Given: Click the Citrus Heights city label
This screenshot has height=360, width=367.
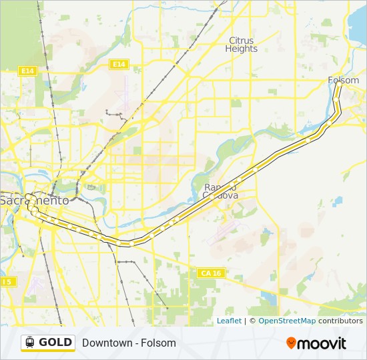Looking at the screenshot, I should pyautogui.click(x=241, y=44).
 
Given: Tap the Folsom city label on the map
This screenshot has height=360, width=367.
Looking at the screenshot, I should pyautogui.click(x=343, y=80).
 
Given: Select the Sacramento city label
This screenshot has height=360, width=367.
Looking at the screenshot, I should pyautogui.click(x=34, y=200).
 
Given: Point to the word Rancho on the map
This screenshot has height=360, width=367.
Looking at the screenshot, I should pyautogui.click(x=220, y=187).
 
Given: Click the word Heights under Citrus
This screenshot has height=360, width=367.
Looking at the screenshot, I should pyautogui.click(x=241, y=49).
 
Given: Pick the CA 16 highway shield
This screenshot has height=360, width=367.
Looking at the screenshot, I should pyautogui.click(x=209, y=273).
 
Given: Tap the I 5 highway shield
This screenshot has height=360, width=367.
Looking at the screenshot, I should pyautogui.click(x=7, y=282).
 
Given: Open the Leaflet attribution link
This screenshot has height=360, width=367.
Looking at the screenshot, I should pyautogui.click(x=229, y=321).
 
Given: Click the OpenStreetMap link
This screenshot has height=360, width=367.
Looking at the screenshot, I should pyautogui.click(x=287, y=321).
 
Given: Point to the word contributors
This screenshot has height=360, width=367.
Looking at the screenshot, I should pyautogui.click(x=340, y=321).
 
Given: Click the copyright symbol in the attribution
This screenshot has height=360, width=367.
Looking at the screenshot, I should pyautogui.click(x=252, y=321).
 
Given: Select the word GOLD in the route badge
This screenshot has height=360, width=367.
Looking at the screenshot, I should pyautogui.click(x=55, y=342).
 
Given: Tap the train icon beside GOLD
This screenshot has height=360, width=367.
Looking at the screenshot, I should pyautogui.click(x=29, y=342).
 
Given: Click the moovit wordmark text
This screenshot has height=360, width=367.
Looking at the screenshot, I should pyautogui.click(x=322, y=343).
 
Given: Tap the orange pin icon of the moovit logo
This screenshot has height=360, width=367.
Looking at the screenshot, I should pyautogui.click(x=292, y=343).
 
